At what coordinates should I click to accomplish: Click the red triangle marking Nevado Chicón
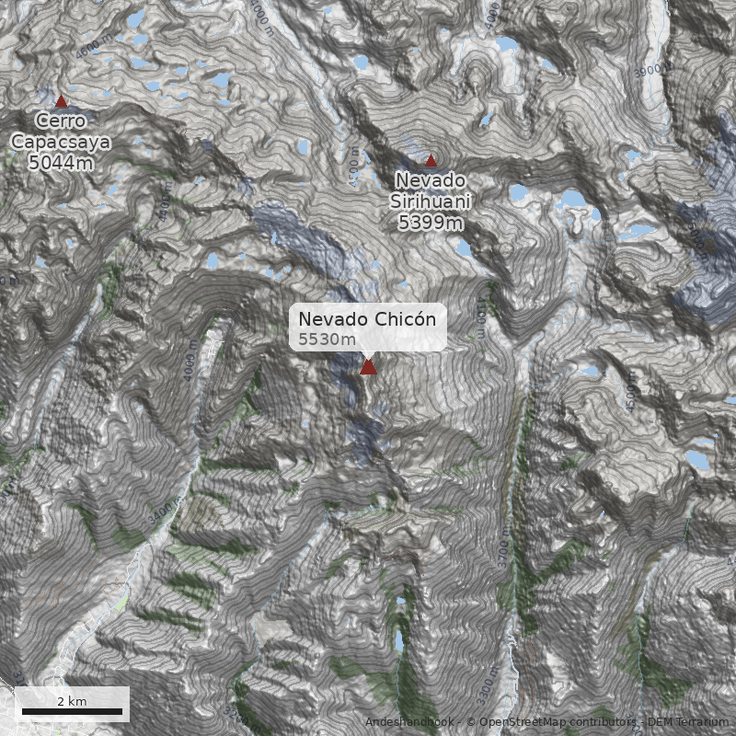[x=368, y=367]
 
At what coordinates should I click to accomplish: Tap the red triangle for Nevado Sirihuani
[x=431, y=161]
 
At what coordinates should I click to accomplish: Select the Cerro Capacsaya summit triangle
[x=62, y=101]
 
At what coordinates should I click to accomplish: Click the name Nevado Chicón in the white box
[x=368, y=318]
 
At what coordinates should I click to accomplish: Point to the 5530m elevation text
[x=327, y=339]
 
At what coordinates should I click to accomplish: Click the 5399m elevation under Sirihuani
[x=431, y=222]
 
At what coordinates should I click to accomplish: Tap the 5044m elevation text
[x=61, y=163]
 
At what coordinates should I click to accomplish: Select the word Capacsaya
[x=61, y=142]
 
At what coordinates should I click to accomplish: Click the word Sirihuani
[x=431, y=201]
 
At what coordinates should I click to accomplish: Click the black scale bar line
[x=72, y=711]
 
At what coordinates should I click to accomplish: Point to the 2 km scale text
[x=72, y=700]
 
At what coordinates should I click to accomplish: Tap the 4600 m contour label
[x=90, y=49]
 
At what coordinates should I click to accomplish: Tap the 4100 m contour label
[x=481, y=316]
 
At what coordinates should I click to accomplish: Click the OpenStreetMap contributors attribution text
[x=552, y=722]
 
